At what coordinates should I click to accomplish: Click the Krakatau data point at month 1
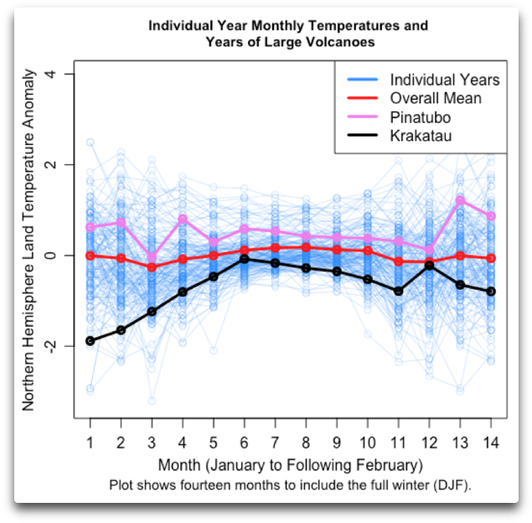coord(90,341)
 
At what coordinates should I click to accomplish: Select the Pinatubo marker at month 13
coord(460,201)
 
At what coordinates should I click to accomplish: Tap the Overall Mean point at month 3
coord(152,267)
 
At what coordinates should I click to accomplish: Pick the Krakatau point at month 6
coord(244,259)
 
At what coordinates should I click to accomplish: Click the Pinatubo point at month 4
coord(182,219)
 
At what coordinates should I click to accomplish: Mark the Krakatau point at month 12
coord(429,265)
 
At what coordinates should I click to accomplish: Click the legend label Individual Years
coord(444,80)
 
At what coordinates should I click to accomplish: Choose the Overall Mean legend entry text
coord(436,99)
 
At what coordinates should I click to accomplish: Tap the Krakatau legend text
coord(421,136)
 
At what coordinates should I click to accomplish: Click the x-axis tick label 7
coord(275,442)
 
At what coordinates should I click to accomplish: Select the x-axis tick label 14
coord(491,442)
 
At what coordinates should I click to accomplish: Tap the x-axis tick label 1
coord(90,442)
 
